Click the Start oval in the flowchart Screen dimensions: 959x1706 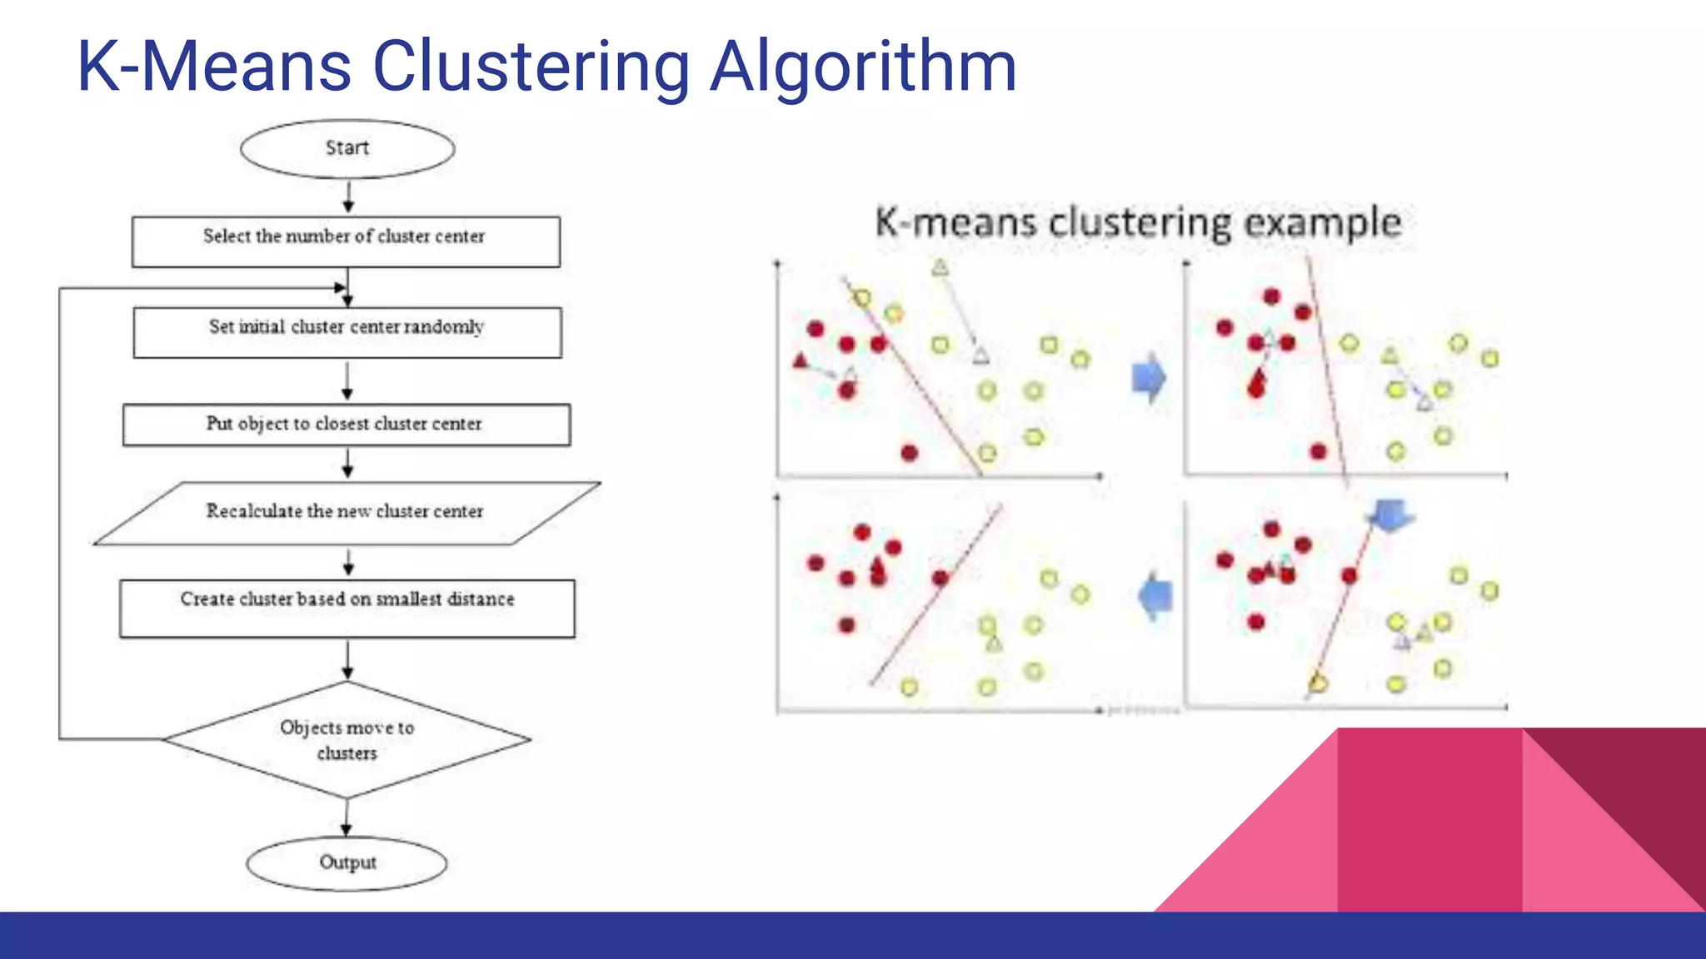(347, 149)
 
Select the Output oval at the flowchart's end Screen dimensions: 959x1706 (347, 863)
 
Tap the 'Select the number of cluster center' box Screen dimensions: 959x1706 (346, 241)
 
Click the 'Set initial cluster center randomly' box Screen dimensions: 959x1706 (347, 332)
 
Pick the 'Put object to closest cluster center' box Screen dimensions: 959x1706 (347, 425)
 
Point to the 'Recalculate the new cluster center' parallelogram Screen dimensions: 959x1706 (347, 513)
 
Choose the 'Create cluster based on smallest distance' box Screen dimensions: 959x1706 (347, 608)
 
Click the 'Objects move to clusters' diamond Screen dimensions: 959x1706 (347, 740)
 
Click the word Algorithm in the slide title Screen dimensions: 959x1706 (863, 67)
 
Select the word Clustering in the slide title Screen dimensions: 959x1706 (531, 67)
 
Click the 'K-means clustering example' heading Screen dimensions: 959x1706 (1138, 223)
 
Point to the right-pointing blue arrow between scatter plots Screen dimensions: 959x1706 (1150, 378)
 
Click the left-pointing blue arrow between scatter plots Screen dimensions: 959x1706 (1155, 596)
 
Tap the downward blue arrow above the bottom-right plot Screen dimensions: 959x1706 (1389, 516)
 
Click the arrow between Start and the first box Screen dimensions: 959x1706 (348, 197)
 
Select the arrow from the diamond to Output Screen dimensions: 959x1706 (347, 817)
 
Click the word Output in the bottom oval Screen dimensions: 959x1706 (347, 862)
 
